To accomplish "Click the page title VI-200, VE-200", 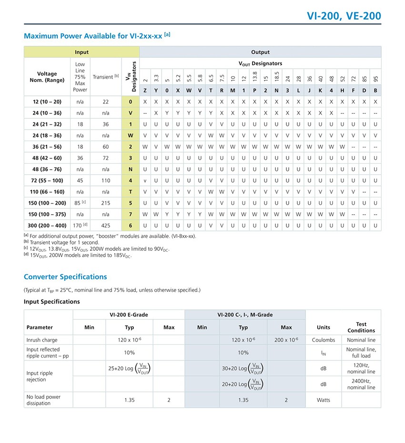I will point(344,16).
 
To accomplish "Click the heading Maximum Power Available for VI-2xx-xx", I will point(97,36).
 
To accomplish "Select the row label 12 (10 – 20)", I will point(47,102).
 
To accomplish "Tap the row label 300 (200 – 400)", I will point(47,225).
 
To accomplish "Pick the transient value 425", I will point(105,225).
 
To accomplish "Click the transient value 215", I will point(105,203).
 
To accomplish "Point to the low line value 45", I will point(80,180).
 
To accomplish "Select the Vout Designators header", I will point(260,63).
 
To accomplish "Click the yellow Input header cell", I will point(81,52).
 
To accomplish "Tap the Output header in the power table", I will point(260,52).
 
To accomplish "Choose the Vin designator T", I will point(131,191).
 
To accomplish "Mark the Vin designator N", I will point(131,169).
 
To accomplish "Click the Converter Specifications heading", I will point(65,277).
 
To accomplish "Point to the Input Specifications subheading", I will point(51,301).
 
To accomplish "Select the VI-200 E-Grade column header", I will point(129,315).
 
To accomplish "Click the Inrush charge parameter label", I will point(42,340).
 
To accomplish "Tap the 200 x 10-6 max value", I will point(286,340).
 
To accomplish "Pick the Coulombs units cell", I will point(324,340).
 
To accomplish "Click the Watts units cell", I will point(324,400).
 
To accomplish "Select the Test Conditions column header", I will point(361,327).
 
